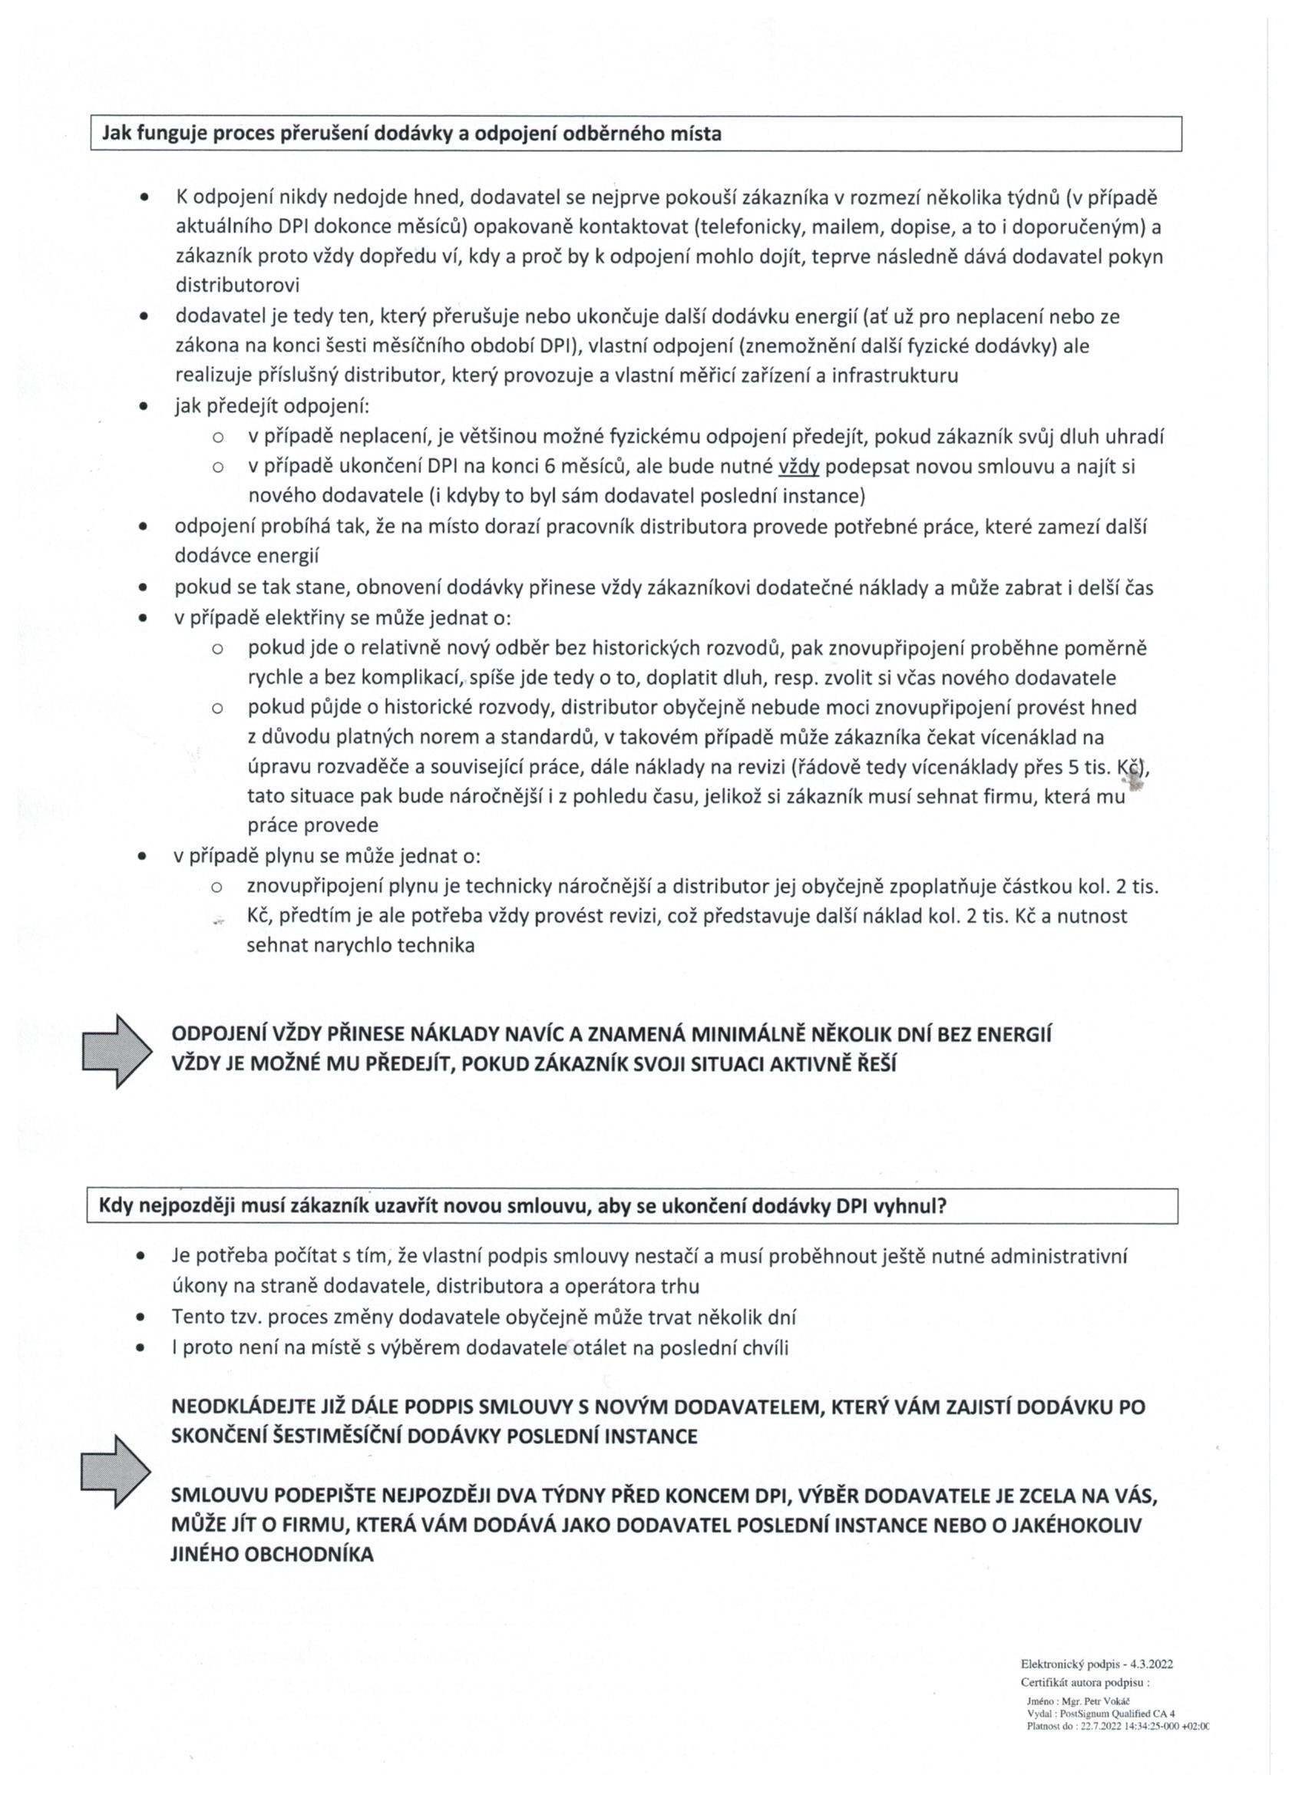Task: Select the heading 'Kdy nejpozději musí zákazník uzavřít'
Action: click(x=522, y=1206)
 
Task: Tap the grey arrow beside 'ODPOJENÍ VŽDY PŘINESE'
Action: click(x=117, y=1050)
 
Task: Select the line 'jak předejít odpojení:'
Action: click(x=273, y=407)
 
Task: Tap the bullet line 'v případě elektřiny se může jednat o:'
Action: click(x=343, y=618)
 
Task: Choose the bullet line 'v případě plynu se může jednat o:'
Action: click(x=329, y=856)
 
